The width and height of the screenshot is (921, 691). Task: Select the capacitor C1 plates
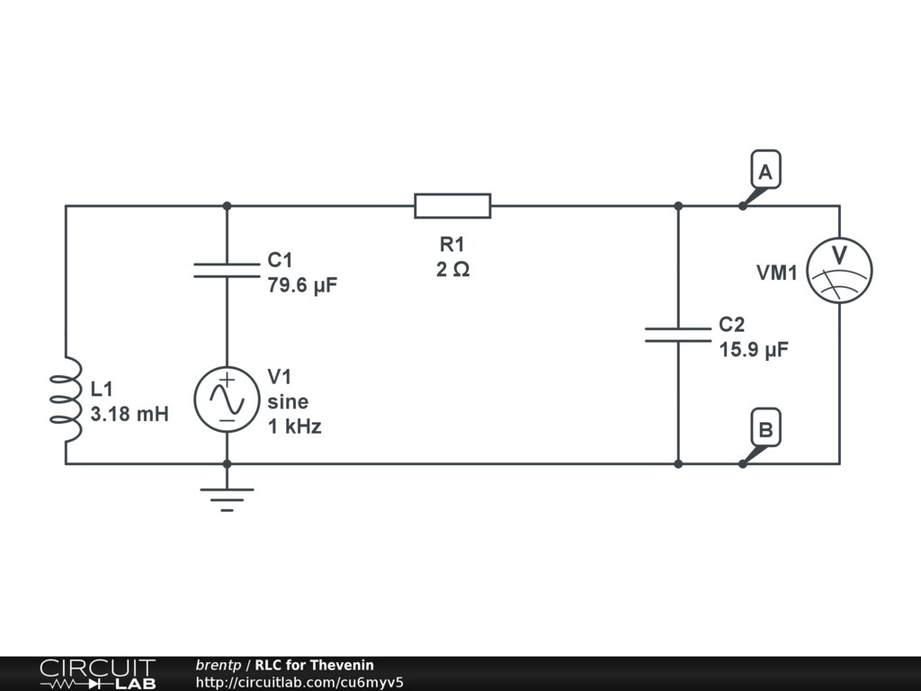click(x=227, y=270)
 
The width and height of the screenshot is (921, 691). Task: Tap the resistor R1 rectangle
click(x=452, y=205)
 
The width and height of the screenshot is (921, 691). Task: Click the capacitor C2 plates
click(x=677, y=335)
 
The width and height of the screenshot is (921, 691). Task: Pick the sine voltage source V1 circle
click(x=227, y=399)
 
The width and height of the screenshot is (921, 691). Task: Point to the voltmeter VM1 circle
click(x=838, y=269)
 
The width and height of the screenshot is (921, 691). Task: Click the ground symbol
click(x=227, y=498)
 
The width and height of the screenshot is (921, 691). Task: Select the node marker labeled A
click(x=765, y=171)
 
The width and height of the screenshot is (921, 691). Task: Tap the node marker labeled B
click(x=765, y=429)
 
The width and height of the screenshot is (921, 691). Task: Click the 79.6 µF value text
click(x=302, y=285)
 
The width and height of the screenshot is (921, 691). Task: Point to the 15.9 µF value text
click(x=754, y=350)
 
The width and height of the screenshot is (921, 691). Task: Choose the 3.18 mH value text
click(x=130, y=415)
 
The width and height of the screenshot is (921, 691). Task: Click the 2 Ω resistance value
click(x=452, y=269)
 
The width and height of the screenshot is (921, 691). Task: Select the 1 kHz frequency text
click(x=294, y=426)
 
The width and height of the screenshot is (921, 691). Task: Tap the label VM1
click(x=776, y=272)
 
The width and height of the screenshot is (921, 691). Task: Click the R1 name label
click(x=452, y=244)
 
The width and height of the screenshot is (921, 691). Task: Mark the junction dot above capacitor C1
click(x=227, y=206)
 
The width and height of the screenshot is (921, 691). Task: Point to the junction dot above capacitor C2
click(x=678, y=206)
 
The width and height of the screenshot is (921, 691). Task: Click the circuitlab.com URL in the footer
click(x=300, y=681)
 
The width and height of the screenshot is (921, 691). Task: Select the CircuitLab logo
click(x=97, y=674)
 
